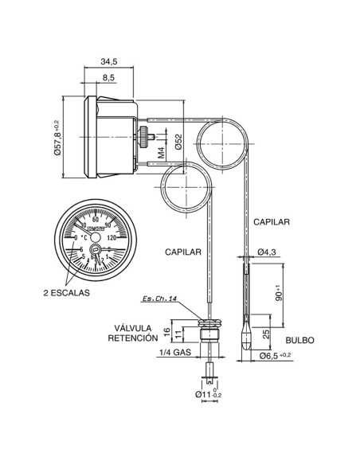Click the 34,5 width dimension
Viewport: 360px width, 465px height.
(x=110, y=61)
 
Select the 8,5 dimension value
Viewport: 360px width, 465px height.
(x=108, y=76)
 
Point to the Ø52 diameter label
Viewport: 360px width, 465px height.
(x=180, y=140)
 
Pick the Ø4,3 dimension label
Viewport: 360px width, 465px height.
(x=267, y=252)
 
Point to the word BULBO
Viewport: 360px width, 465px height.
(x=299, y=340)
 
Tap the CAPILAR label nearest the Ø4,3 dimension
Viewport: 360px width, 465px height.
(x=271, y=221)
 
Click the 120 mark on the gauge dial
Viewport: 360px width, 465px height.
(x=112, y=236)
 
